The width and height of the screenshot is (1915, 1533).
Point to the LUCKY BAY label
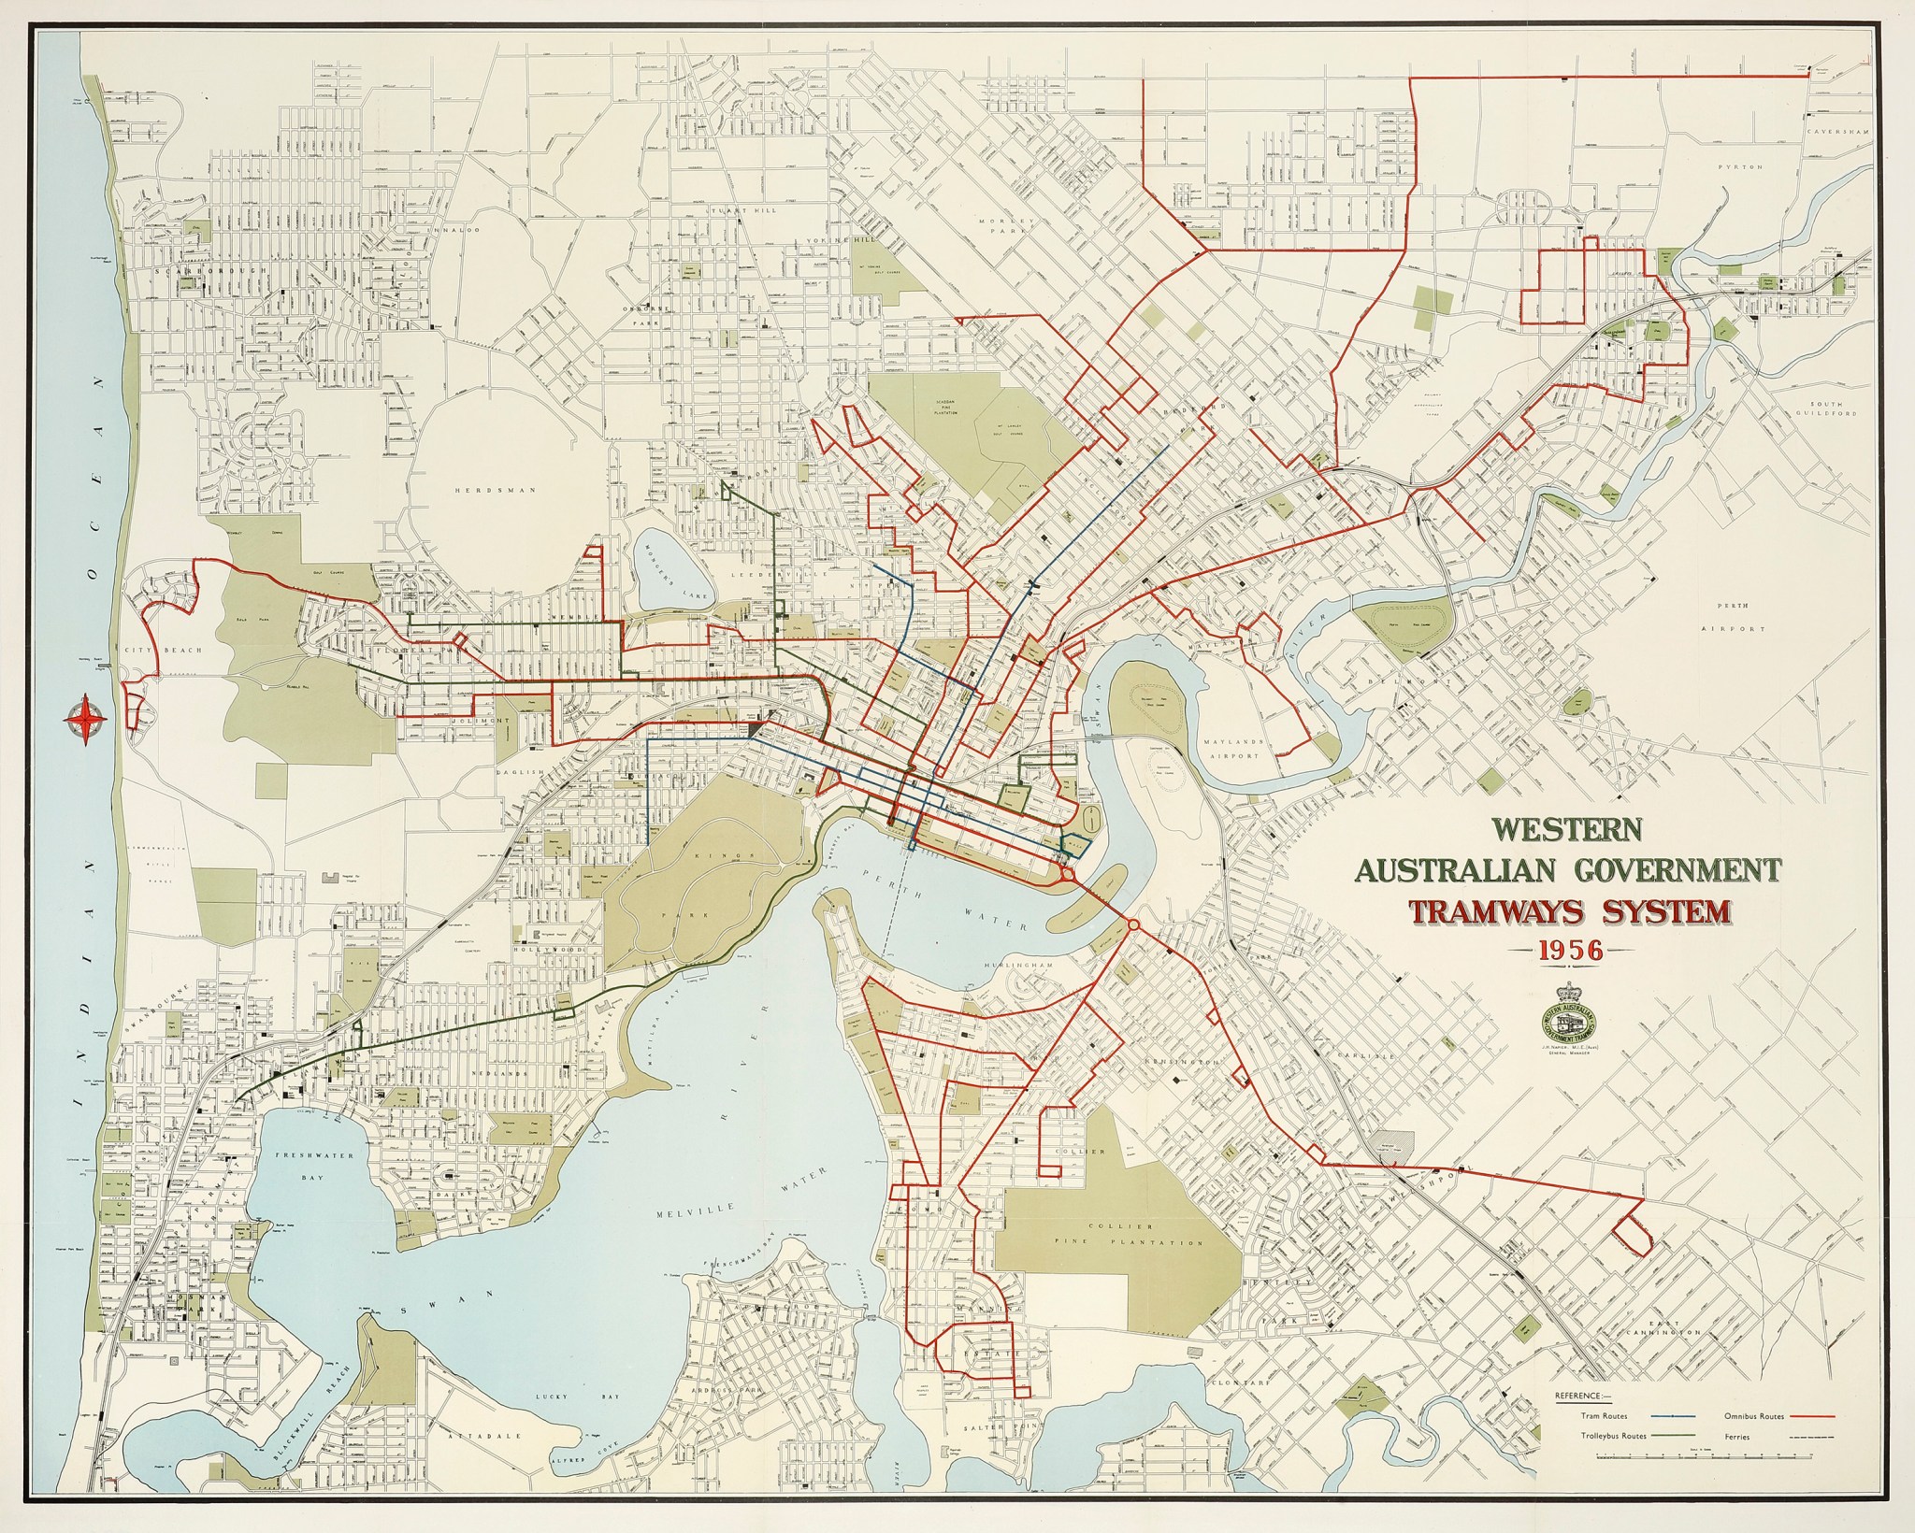point(552,1423)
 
